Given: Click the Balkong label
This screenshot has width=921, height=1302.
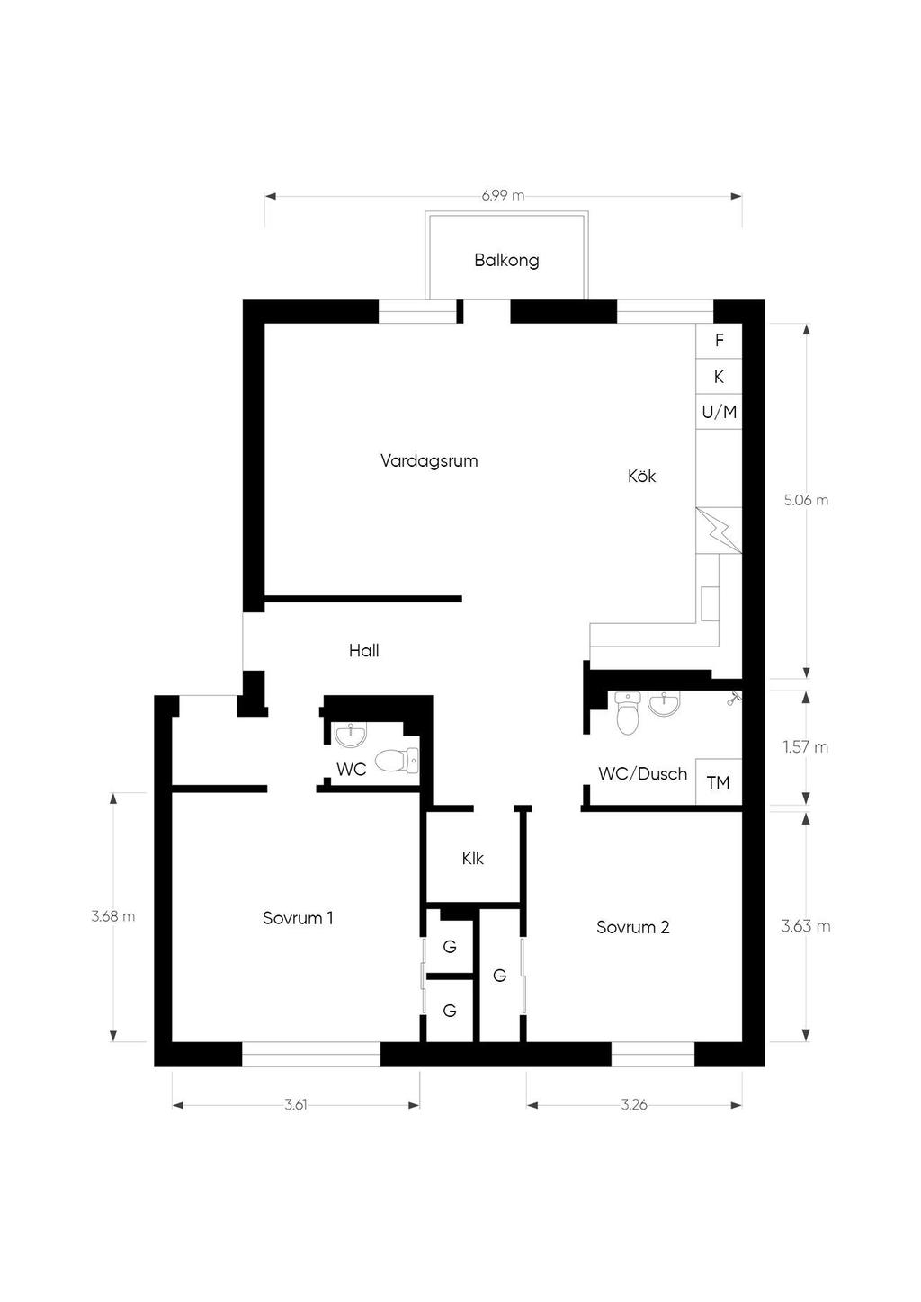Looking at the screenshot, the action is tap(506, 260).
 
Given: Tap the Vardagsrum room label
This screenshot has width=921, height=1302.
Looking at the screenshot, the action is tap(429, 461).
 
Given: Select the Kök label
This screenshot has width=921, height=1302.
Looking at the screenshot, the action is tap(642, 476).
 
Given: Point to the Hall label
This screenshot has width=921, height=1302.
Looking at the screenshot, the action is tap(364, 650).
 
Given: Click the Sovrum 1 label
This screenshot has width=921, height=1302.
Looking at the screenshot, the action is tap(298, 918).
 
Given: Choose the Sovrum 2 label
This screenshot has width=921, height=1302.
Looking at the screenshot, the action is tap(633, 926).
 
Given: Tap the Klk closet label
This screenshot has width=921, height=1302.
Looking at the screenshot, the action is tap(473, 858).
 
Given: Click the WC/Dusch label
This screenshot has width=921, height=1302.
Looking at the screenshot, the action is tap(643, 773).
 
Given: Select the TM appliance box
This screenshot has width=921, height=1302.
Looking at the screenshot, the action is tap(719, 782).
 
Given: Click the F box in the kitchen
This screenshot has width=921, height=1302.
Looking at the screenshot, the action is tap(720, 341).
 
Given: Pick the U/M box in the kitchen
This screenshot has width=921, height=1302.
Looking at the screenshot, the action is tap(720, 412).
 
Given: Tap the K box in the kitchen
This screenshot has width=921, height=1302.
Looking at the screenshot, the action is tap(720, 377).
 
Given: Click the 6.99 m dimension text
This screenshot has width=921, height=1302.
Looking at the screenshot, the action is tap(503, 196).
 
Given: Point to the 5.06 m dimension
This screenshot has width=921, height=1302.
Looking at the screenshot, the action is tap(806, 501).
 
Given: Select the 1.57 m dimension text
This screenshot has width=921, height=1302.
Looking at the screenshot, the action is tap(805, 747).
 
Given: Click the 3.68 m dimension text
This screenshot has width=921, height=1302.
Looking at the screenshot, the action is tap(112, 916).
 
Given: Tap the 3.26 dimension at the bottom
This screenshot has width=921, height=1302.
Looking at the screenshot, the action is tap(634, 1105).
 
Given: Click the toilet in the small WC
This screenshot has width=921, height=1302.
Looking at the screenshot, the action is tap(397, 761).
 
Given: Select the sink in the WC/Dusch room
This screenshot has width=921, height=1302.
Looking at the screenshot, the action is tap(664, 703).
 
